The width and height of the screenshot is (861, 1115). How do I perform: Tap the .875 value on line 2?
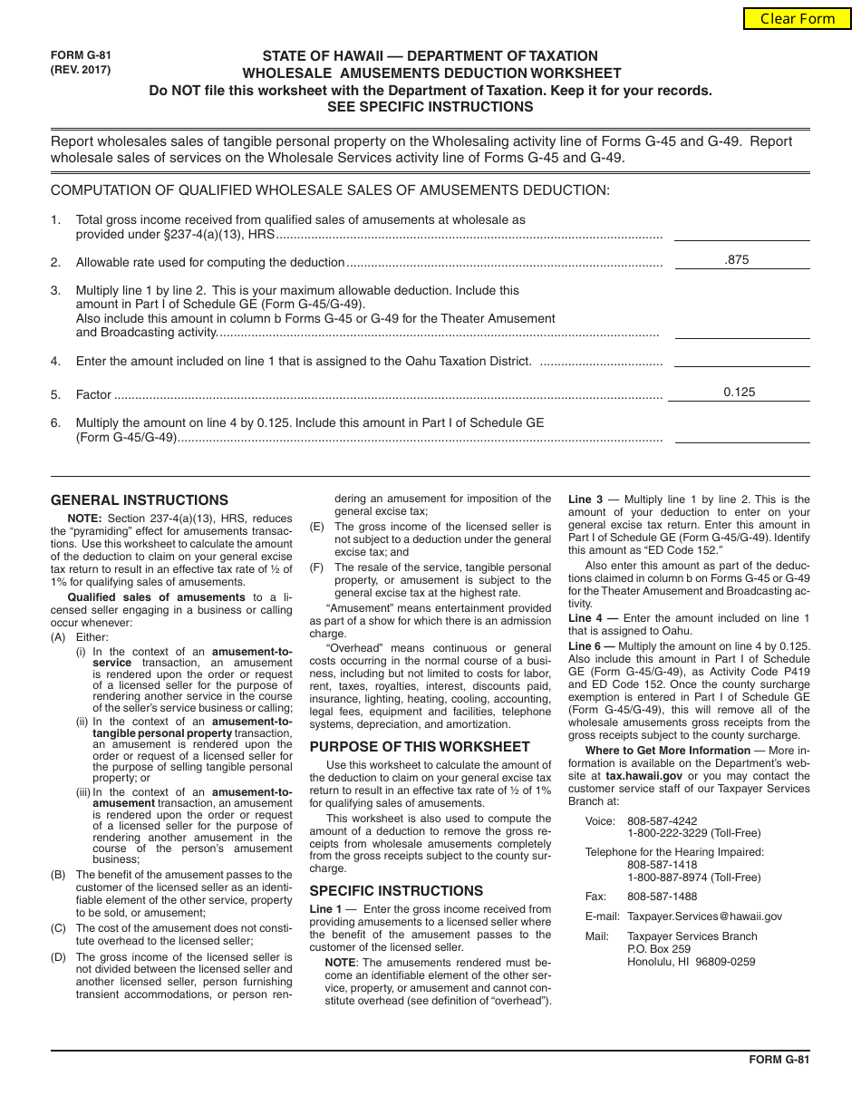click(x=738, y=260)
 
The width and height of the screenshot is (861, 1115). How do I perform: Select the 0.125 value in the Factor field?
click(x=739, y=393)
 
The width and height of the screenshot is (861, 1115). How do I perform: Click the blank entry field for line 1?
click(x=742, y=232)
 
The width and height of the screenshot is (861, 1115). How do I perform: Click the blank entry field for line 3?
click(x=742, y=329)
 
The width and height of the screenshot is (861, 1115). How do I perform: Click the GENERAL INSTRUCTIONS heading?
click(x=140, y=500)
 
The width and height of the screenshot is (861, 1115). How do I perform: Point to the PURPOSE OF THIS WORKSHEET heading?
click(x=420, y=747)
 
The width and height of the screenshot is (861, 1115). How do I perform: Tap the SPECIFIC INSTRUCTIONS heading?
click(x=396, y=891)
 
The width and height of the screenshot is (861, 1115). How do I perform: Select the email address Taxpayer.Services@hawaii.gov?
click(x=704, y=916)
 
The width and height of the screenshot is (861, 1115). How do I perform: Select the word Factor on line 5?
click(x=93, y=395)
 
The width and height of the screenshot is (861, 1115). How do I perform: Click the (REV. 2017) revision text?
click(x=81, y=70)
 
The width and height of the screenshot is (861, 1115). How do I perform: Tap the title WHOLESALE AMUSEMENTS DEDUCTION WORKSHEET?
click(x=430, y=73)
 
